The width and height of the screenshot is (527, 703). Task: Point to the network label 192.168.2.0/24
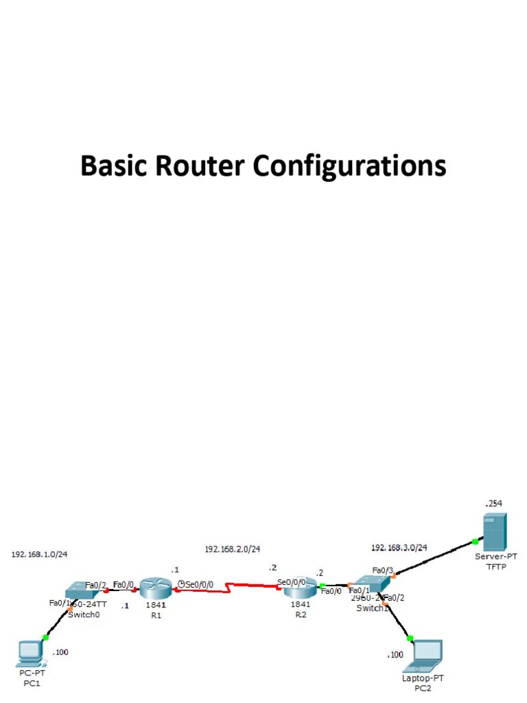click(233, 549)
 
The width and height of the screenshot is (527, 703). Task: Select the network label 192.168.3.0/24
click(399, 547)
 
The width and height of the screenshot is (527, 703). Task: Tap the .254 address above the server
click(493, 503)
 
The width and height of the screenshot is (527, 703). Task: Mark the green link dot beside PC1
click(46, 638)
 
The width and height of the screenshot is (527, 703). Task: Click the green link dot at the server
click(475, 542)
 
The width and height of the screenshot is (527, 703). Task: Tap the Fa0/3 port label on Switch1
click(382, 570)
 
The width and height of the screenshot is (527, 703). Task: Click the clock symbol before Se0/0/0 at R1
click(180, 584)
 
